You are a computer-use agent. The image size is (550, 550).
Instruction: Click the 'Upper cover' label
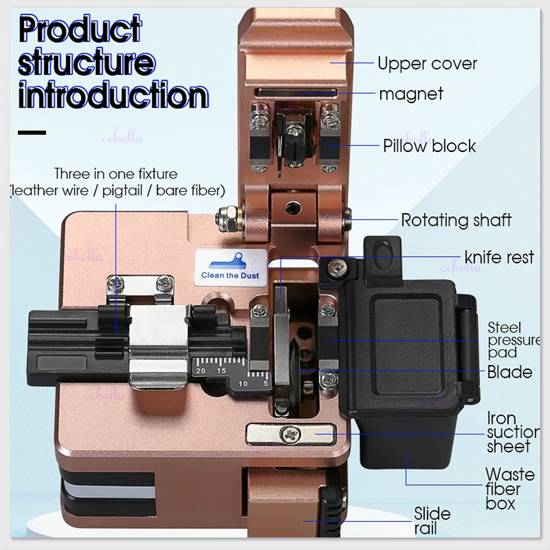pyautogui.click(x=427, y=64)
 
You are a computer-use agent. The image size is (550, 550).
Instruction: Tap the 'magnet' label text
pyautogui.click(x=411, y=94)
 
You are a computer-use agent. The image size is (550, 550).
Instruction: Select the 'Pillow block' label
pyautogui.click(x=429, y=146)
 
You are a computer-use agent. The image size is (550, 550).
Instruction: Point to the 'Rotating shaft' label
pyautogui.click(x=456, y=220)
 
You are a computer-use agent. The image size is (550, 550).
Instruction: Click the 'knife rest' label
pyautogui.click(x=499, y=257)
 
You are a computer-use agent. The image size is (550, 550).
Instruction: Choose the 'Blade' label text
pyautogui.click(x=510, y=372)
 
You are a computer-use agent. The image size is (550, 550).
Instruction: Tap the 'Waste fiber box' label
pyautogui.click(x=509, y=489)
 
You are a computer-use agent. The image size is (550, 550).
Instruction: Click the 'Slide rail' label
pyautogui.click(x=432, y=521)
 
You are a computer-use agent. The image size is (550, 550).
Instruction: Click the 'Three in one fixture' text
pyautogui.click(x=116, y=174)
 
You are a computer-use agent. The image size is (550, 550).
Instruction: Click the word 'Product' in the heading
pyautogui.click(x=79, y=30)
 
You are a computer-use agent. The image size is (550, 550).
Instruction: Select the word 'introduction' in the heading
pyautogui.click(x=112, y=95)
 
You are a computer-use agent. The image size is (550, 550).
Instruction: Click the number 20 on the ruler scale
pyautogui.click(x=201, y=371)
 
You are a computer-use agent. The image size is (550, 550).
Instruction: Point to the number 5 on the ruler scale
pyautogui.click(x=266, y=382)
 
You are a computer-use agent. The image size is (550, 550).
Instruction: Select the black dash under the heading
pyautogui.click(x=32, y=132)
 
